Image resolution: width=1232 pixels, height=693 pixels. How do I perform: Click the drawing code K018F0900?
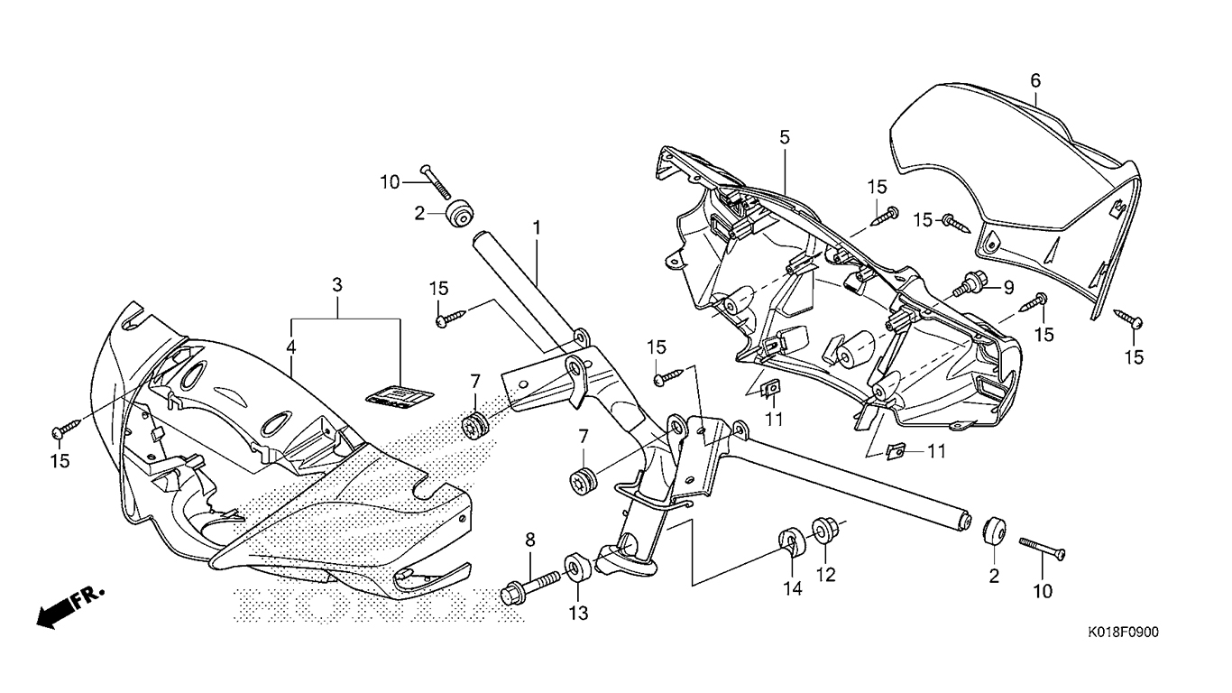[1123, 632]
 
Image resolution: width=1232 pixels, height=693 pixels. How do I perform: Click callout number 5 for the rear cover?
[1036, 80]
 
